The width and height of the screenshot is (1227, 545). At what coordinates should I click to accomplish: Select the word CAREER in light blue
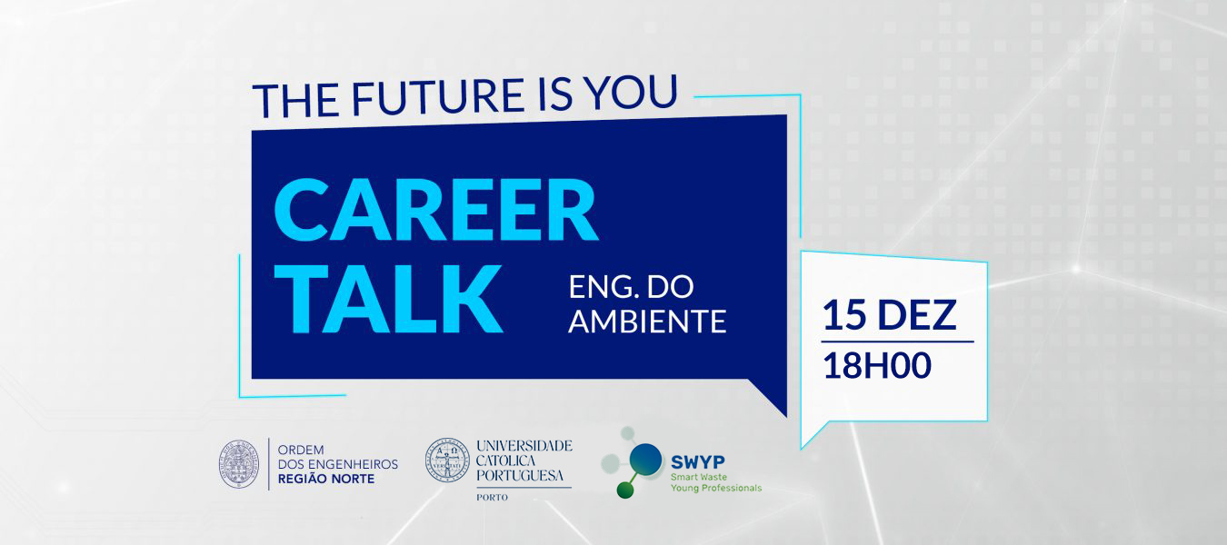435,209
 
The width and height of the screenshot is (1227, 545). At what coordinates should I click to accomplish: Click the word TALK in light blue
388,299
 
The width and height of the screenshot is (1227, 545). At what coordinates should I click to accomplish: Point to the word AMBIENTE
647,322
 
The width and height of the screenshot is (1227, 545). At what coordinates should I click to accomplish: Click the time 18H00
877,365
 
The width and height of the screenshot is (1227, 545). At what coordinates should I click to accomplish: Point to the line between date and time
897,342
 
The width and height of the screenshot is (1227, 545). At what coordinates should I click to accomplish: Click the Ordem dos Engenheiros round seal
239,464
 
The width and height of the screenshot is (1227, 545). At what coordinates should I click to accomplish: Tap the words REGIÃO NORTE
326,479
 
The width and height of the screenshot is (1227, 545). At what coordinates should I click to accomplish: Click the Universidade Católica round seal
447,460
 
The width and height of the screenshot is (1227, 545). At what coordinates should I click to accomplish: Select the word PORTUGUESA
519,475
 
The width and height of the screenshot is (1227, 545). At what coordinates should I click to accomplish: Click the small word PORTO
492,498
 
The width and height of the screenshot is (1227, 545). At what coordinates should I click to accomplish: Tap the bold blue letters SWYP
698,462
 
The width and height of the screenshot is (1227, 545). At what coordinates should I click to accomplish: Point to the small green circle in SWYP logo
625,490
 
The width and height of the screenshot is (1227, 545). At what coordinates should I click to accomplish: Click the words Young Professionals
716,488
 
